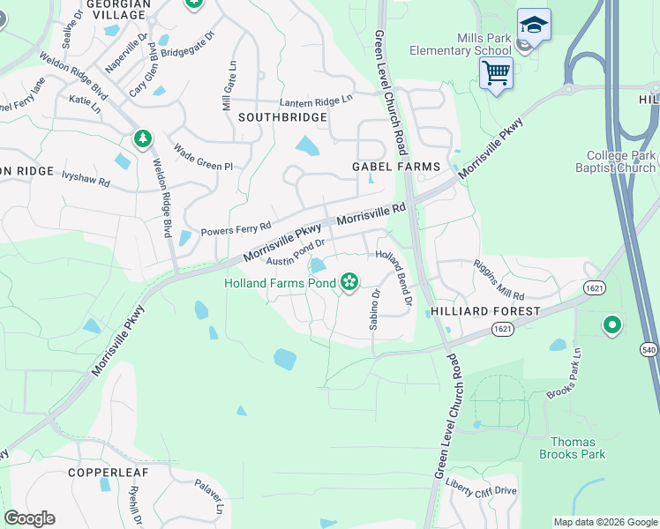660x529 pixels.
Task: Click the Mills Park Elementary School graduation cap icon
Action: [x=533, y=25]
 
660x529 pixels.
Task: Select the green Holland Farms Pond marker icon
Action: [x=349, y=282]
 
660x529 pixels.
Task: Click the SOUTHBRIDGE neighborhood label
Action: [x=281, y=117]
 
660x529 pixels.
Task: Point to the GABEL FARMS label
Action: [x=389, y=166]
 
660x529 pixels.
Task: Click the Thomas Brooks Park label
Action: [x=572, y=448]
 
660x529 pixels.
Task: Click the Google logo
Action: [x=29, y=518]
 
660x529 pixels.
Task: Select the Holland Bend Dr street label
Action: [x=394, y=276]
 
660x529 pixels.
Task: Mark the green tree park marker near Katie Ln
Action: [x=141, y=138]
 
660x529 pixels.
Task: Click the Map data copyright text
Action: [x=604, y=522]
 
